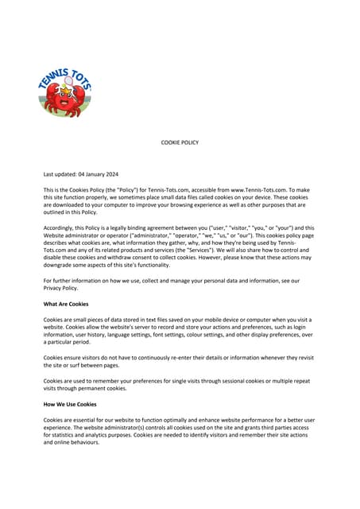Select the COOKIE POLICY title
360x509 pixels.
point(180,142)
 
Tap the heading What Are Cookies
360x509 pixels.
point(66,304)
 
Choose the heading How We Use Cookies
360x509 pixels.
point(70,404)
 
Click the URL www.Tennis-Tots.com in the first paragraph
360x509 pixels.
point(258,189)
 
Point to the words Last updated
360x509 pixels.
point(60,173)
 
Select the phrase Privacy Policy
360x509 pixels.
point(62,288)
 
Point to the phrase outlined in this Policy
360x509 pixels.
point(72,212)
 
